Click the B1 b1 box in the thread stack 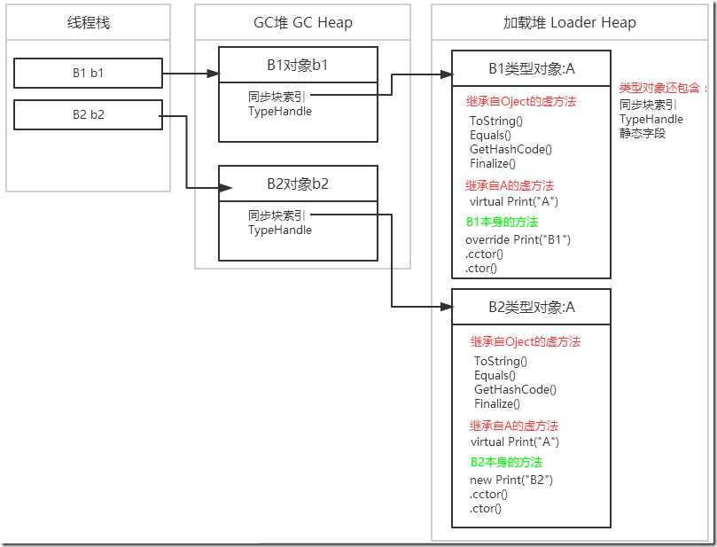[x=88, y=73]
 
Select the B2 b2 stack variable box [x=88, y=114]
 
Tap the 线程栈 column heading [x=88, y=22]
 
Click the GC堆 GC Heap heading [x=302, y=22]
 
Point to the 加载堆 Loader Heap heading [x=569, y=22]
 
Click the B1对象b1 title [x=298, y=64]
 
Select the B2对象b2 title [x=298, y=184]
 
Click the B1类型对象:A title [x=531, y=68]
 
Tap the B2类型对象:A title [x=531, y=307]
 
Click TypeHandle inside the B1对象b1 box [x=279, y=112]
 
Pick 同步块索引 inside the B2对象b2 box [x=277, y=215]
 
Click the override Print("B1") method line [x=518, y=240]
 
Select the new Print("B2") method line [x=511, y=480]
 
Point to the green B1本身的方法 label [x=502, y=222]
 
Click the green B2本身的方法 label [x=505, y=462]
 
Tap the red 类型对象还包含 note [x=662, y=89]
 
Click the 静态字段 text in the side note [x=642, y=133]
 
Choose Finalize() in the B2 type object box [x=497, y=403]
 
